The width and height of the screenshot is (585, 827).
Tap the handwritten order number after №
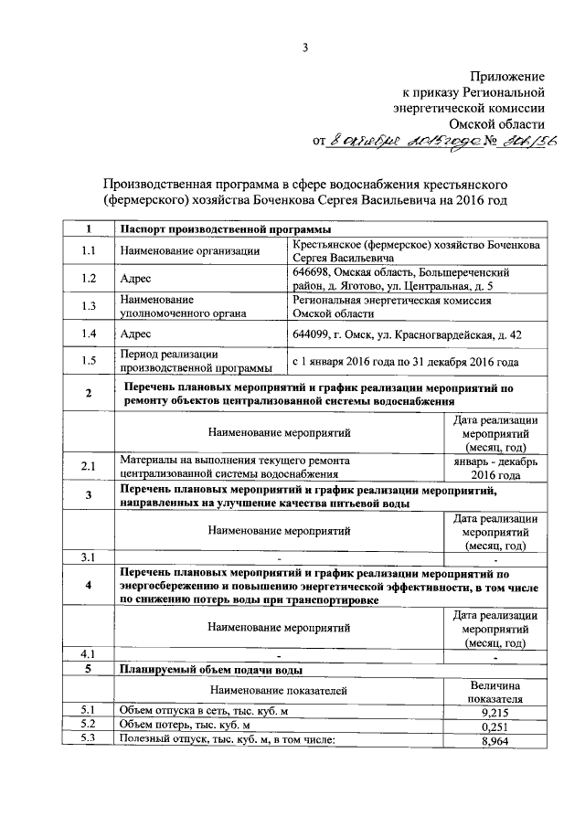tap(528, 141)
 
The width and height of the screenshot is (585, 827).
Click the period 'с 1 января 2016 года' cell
tap(406, 362)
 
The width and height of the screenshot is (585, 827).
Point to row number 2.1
tap(88, 468)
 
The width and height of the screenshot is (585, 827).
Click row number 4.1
tap(88, 653)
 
